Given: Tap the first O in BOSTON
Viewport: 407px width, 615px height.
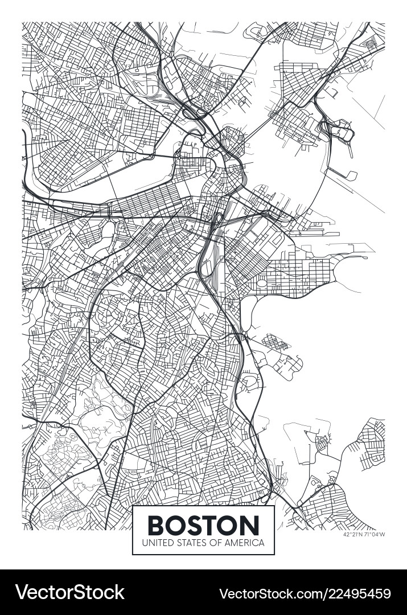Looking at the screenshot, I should [176, 524].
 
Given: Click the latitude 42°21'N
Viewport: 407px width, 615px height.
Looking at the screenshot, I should [353, 534].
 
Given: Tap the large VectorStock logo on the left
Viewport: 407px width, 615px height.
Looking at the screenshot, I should [69, 592].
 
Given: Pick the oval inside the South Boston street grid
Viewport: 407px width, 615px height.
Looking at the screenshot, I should [262, 283].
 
